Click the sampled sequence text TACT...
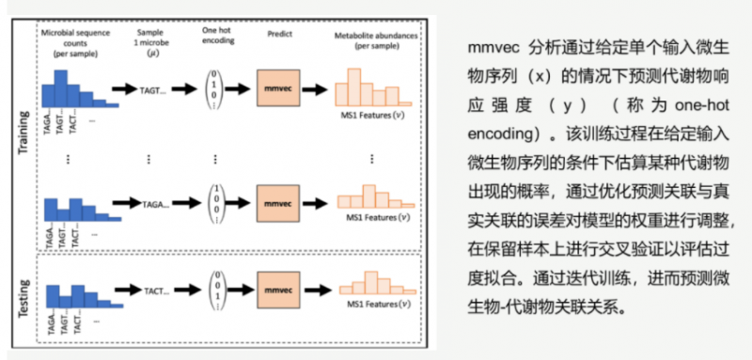[156, 291]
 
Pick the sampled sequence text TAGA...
[156, 202]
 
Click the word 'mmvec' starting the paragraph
[494, 47]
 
